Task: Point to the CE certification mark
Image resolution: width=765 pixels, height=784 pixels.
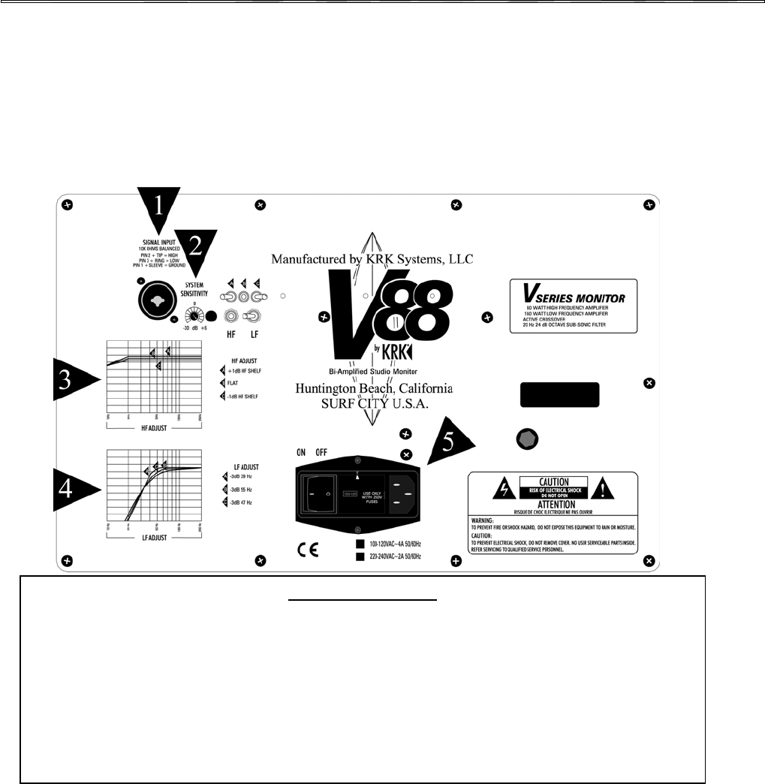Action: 308,549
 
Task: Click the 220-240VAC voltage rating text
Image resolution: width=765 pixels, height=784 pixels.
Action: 387,557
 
